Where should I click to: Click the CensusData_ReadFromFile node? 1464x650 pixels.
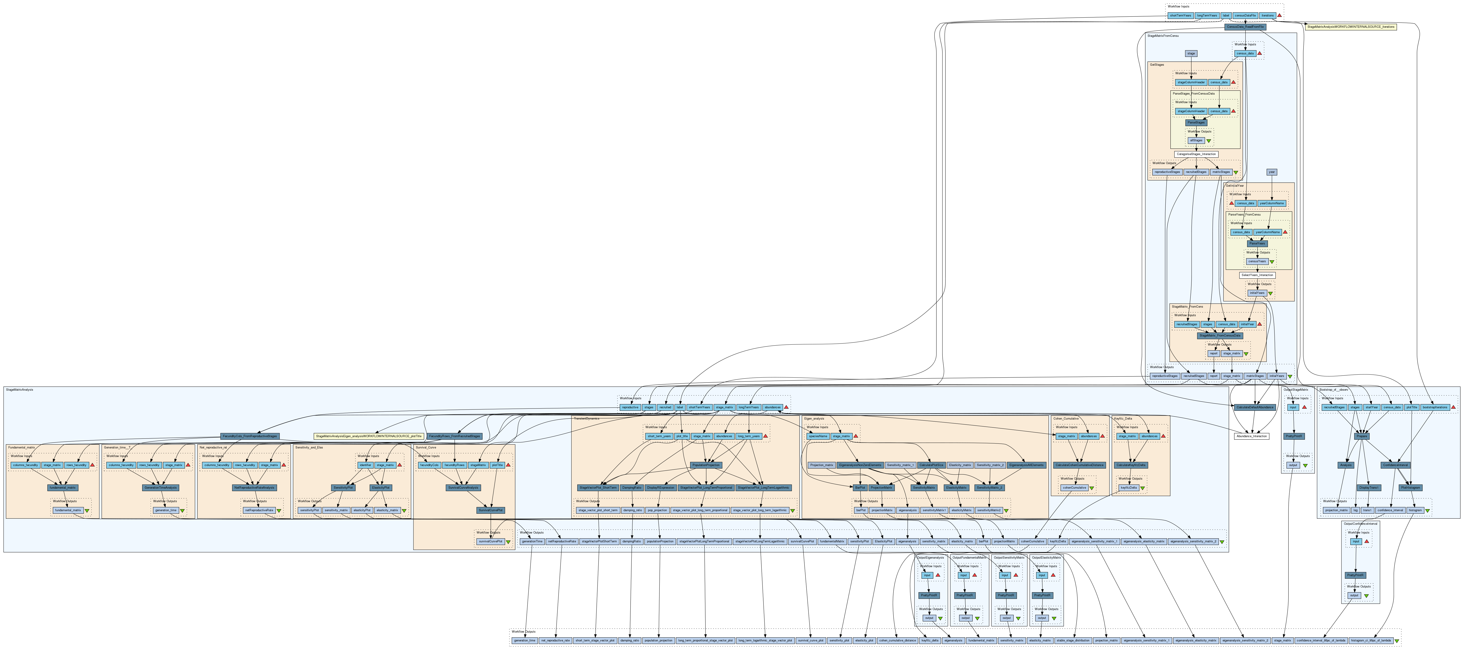1245,27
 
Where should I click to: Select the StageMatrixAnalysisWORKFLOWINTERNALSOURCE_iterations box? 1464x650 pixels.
1350,27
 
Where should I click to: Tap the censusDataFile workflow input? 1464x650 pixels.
1241,15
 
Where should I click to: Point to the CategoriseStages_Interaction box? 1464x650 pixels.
1196,154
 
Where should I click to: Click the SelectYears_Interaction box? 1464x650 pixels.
1257,275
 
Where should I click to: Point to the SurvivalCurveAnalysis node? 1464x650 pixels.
463,487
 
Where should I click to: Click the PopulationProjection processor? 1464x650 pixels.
706,465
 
